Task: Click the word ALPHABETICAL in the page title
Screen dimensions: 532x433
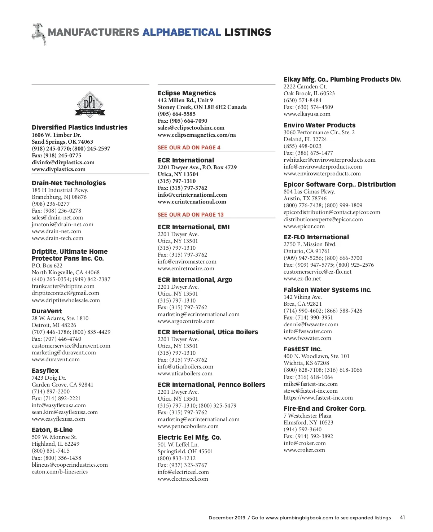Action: click(x=181, y=32)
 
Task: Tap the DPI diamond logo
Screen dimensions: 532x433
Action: click(x=90, y=105)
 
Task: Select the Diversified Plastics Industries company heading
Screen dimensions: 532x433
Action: click(x=79, y=127)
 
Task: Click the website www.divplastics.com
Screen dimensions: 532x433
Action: click(x=58, y=169)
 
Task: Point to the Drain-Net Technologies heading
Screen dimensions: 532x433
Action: click(x=69, y=183)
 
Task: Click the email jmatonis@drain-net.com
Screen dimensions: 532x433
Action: click(x=62, y=224)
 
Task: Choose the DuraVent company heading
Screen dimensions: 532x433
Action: click(x=47, y=311)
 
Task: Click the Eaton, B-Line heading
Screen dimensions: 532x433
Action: click(x=52, y=430)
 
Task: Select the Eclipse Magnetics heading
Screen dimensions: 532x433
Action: click(x=187, y=93)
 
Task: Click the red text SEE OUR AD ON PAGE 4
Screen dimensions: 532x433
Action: click(x=189, y=148)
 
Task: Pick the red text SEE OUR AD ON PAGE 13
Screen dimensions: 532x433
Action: click(x=191, y=215)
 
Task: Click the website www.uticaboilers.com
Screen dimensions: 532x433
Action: click(x=185, y=374)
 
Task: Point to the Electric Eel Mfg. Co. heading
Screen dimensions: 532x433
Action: click(x=189, y=437)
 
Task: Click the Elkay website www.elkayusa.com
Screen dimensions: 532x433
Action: click(x=307, y=114)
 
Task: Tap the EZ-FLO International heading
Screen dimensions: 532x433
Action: click(x=316, y=237)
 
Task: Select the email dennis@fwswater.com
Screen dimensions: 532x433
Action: click(x=311, y=324)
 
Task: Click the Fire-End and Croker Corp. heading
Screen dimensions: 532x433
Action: click(x=324, y=409)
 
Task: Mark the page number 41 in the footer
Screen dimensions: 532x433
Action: click(x=402, y=518)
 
